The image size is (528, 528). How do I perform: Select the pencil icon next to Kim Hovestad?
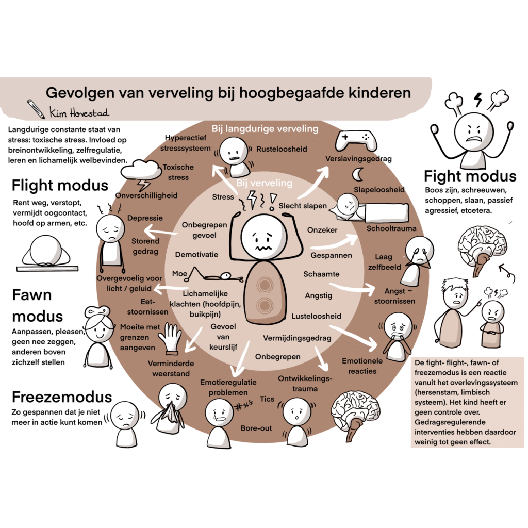point(37,108)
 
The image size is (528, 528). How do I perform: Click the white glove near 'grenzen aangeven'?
point(171,338)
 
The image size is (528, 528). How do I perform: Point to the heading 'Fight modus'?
point(469,176)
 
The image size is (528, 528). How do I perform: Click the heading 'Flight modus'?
point(60,185)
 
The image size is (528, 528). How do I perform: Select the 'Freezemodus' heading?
point(61,397)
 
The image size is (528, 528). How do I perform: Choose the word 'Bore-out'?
point(256,428)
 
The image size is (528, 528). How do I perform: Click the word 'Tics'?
point(267,399)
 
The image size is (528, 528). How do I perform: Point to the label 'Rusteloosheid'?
point(282,149)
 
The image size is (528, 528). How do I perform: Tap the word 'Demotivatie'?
point(196,254)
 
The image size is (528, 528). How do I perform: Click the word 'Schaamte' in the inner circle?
point(321,274)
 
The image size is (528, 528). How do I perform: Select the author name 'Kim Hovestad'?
point(79,112)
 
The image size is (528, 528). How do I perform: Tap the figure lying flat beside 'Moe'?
point(216,276)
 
